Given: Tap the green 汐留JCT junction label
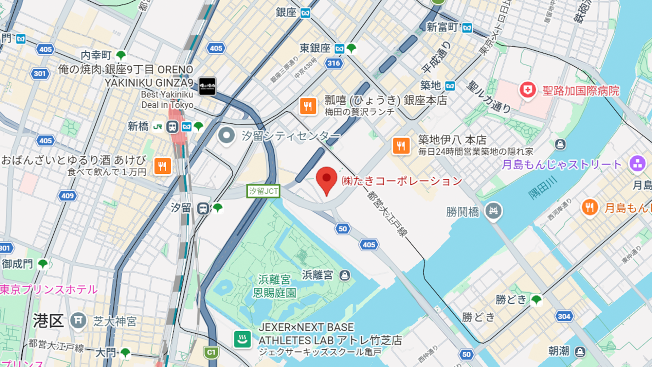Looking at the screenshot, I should [x=263, y=191].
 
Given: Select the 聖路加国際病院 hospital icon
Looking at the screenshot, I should [x=527, y=90].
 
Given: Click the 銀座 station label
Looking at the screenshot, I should [x=286, y=13].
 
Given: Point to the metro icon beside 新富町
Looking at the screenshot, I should [x=467, y=28].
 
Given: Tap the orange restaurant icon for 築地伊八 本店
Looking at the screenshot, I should [x=401, y=146].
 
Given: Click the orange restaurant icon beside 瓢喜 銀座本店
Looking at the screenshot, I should [x=308, y=106].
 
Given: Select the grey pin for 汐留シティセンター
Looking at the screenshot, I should [x=227, y=136].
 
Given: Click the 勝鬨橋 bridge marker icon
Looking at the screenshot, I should [x=493, y=211].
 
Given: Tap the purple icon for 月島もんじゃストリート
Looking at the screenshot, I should [x=637, y=164].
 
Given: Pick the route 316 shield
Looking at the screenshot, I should [x=333, y=63].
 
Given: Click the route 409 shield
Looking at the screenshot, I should [x=67, y=196].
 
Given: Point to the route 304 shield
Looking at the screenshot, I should [x=564, y=316].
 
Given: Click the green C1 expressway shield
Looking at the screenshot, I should [x=211, y=352].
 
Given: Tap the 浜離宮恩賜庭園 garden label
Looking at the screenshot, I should [x=274, y=286].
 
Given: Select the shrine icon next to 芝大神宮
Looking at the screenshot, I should [x=78, y=320].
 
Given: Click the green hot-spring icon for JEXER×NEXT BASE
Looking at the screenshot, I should [x=242, y=339].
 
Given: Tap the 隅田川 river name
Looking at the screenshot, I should [x=543, y=188].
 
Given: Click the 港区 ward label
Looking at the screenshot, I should [x=48, y=321].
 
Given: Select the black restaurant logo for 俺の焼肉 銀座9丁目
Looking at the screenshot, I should [x=207, y=86].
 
